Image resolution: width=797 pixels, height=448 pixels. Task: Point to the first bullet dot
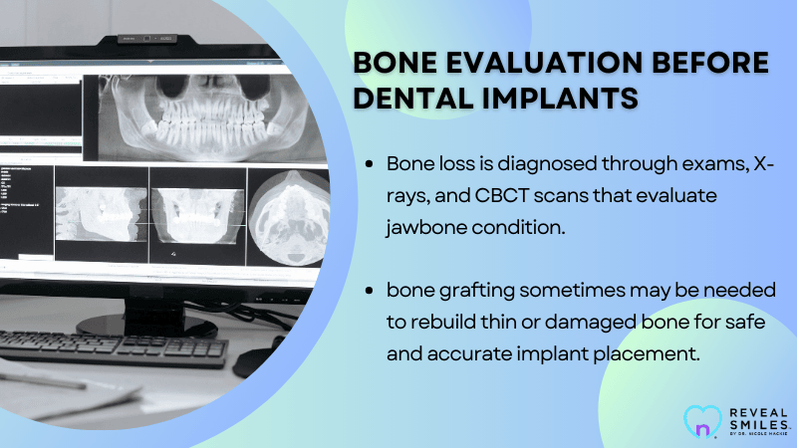(371, 162)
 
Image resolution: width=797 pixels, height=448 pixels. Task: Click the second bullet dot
(371, 293)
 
